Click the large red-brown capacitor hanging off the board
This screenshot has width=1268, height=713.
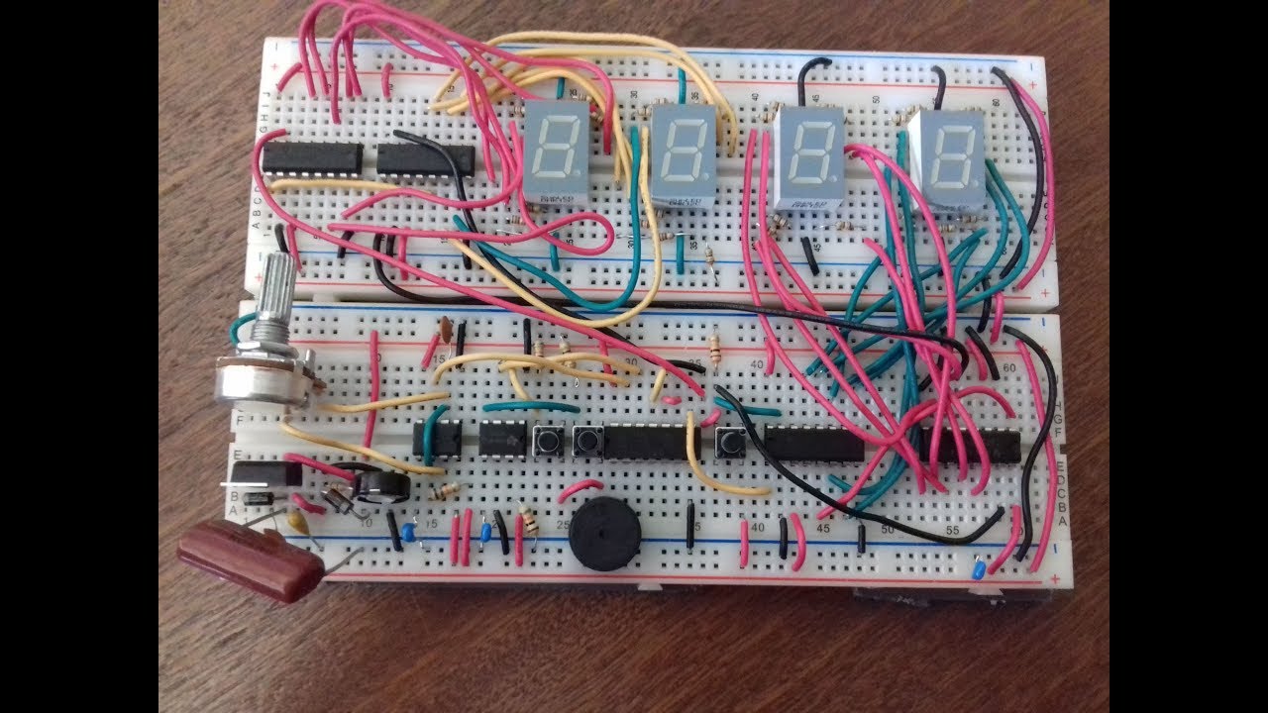[250, 563]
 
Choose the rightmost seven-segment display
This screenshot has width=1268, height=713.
[946, 158]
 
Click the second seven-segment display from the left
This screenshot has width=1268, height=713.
[682, 158]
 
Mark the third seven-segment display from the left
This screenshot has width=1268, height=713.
[807, 158]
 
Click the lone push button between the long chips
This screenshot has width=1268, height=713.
[731, 441]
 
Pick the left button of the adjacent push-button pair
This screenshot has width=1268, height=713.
[546, 440]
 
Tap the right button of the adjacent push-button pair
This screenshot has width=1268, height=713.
[588, 440]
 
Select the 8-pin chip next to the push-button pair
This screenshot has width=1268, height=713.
[501, 439]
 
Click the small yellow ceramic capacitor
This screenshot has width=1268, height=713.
[294, 518]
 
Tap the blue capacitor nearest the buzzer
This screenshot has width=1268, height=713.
[485, 532]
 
